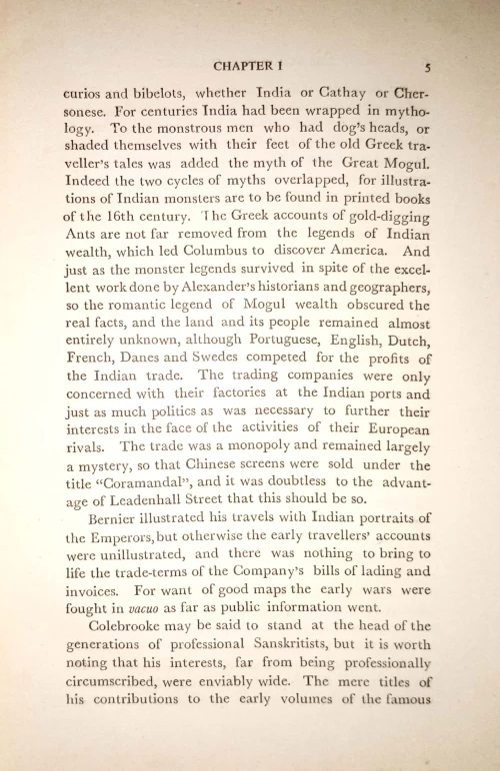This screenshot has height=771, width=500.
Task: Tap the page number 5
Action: pos(427,68)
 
